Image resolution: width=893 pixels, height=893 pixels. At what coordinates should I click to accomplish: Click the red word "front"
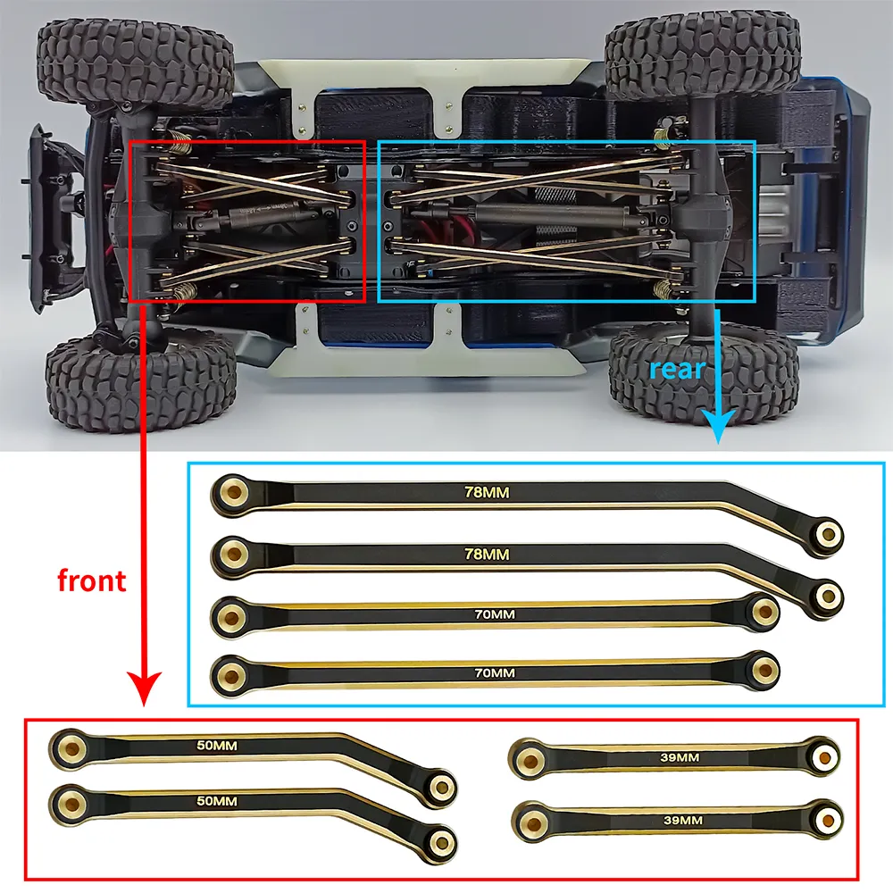(x=92, y=580)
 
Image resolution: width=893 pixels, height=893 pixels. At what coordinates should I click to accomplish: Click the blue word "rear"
(x=677, y=369)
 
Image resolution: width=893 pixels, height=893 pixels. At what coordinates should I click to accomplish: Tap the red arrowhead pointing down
(x=144, y=688)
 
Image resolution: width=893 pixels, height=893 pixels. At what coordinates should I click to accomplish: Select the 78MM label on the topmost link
(x=487, y=492)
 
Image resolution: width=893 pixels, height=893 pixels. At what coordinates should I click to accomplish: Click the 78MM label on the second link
(x=487, y=555)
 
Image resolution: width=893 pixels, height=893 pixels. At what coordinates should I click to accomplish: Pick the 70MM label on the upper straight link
(x=495, y=614)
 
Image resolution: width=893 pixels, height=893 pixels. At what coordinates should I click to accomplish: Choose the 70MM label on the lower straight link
(x=495, y=673)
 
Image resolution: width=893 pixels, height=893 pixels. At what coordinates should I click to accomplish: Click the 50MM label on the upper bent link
(x=217, y=746)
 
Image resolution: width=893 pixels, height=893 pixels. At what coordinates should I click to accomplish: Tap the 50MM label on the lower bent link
(x=217, y=801)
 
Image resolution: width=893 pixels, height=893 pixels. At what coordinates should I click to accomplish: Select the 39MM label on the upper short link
(x=680, y=757)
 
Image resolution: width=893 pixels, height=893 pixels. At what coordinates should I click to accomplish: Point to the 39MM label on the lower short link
(x=683, y=821)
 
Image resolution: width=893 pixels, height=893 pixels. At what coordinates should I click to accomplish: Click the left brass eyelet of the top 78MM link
(x=232, y=490)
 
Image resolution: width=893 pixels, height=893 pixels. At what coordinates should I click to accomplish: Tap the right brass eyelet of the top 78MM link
(x=828, y=534)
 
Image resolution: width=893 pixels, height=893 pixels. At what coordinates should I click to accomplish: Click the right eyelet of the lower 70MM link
(x=765, y=671)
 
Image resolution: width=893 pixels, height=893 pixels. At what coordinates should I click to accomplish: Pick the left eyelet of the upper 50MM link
(x=71, y=747)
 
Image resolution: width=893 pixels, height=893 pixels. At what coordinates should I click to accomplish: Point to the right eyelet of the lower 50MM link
(x=440, y=841)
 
